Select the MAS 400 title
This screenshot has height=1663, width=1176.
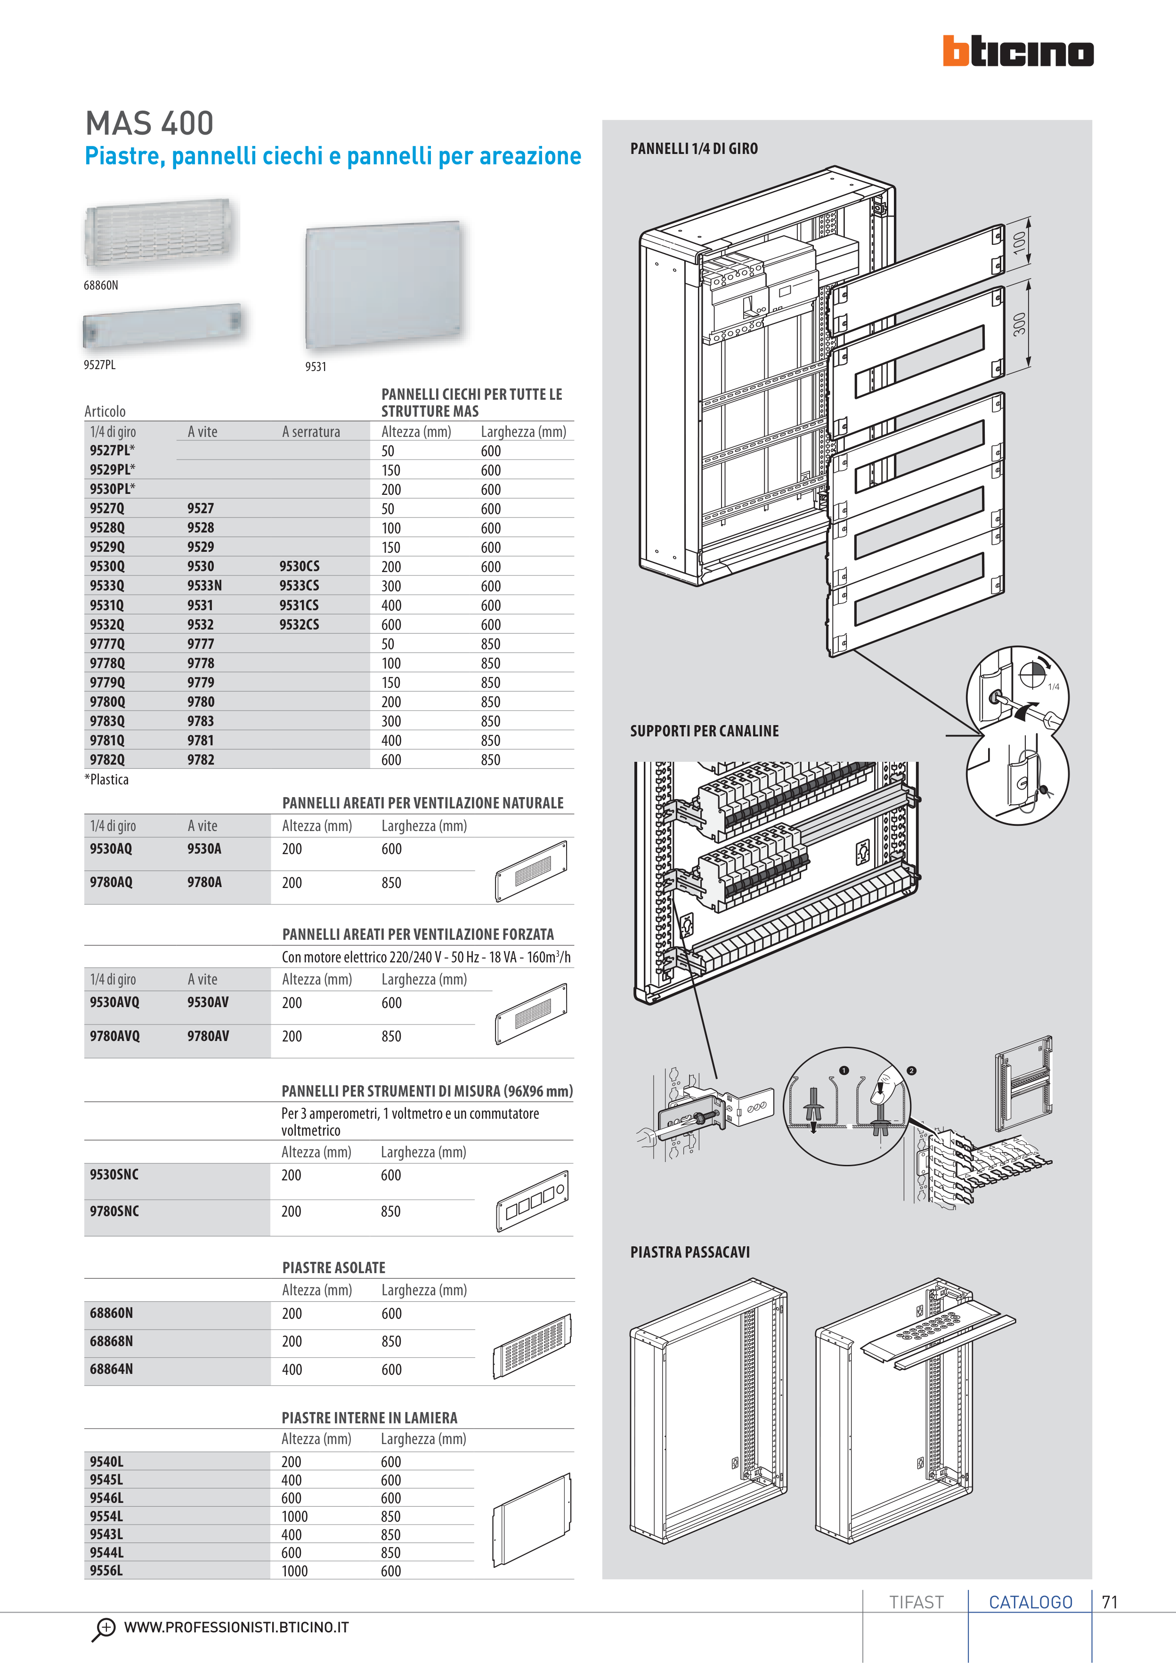149,123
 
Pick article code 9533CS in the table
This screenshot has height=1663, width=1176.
299,585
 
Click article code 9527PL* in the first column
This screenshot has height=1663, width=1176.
112,450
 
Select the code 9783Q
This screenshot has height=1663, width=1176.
107,721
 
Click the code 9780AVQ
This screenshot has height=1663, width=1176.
114,1036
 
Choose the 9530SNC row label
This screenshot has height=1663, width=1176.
114,1174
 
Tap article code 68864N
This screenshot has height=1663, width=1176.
112,1369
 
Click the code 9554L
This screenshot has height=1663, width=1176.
106,1516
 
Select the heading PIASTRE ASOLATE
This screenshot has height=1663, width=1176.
333,1267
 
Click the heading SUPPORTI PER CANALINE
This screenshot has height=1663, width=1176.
704,731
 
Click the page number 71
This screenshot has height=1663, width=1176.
1109,1602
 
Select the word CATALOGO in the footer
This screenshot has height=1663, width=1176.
1030,1602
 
